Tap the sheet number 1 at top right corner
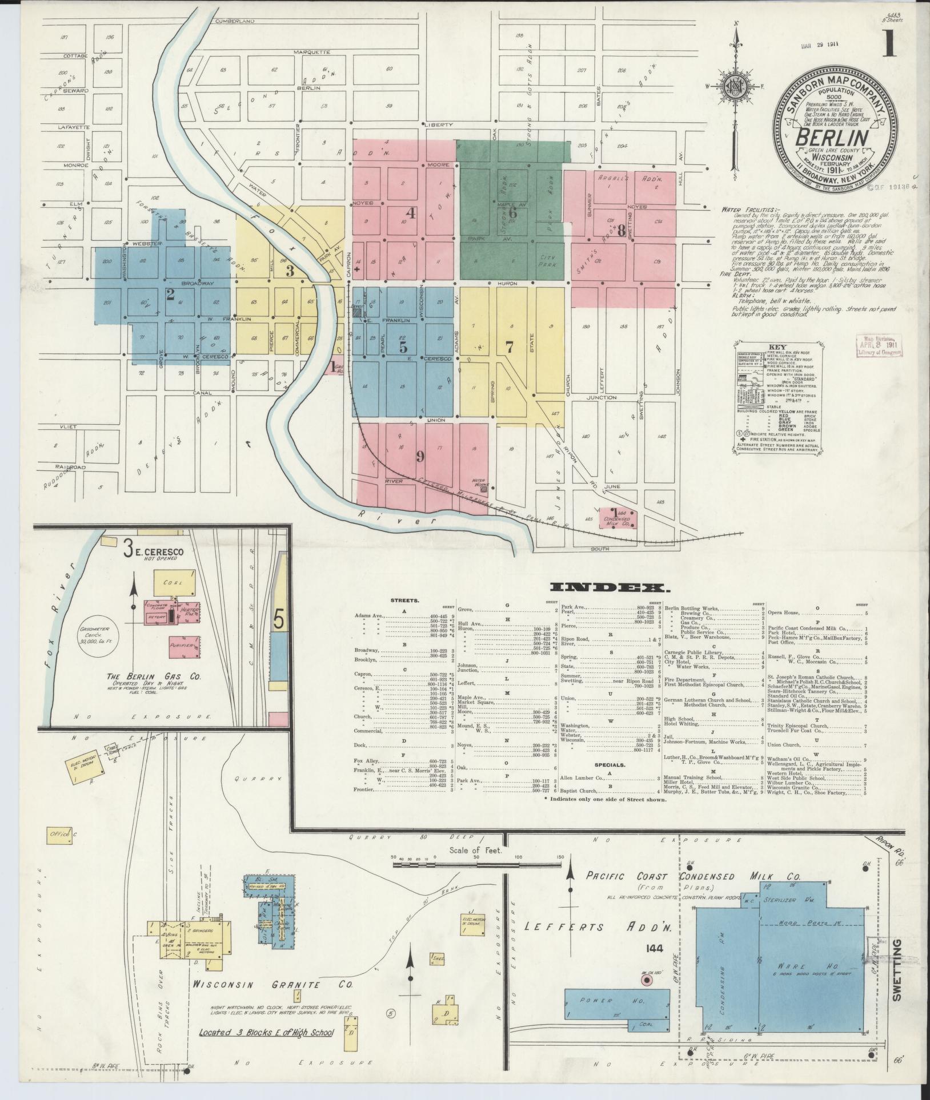(889, 44)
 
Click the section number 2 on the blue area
(170, 295)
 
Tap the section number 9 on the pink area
(420, 456)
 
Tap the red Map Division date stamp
(878, 346)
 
